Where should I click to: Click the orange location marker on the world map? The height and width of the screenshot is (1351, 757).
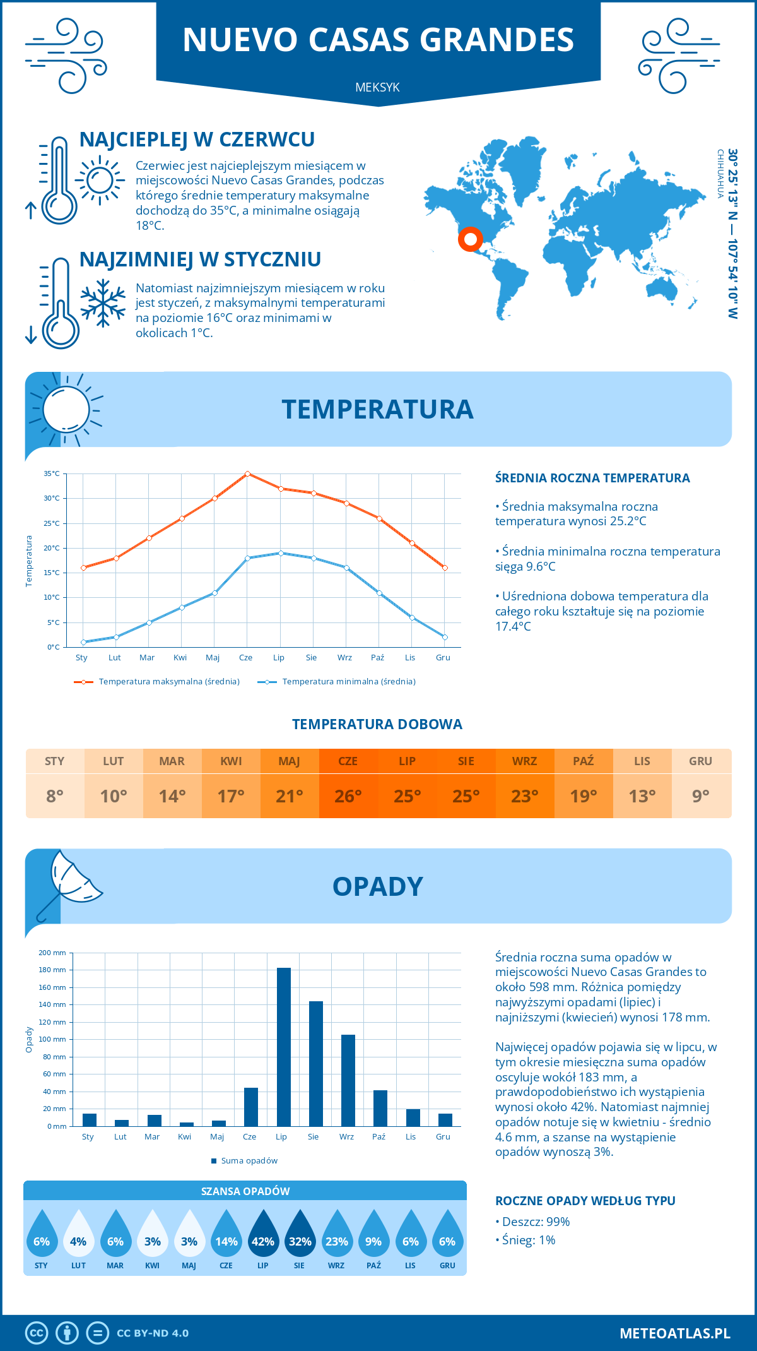click(x=470, y=239)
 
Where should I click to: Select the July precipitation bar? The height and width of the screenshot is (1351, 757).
click(x=284, y=1047)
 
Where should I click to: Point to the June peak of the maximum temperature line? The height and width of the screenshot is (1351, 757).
click(x=247, y=473)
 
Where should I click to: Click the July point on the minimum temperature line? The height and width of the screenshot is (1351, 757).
click(x=281, y=553)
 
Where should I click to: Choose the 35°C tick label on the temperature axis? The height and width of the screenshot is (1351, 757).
click(x=52, y=473)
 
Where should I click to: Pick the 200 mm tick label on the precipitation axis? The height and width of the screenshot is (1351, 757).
click(x=52, y=953)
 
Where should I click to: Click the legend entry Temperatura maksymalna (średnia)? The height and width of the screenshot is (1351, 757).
click(x=169, y=682)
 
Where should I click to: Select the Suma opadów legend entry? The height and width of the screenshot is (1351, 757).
click(x=249, y=1161)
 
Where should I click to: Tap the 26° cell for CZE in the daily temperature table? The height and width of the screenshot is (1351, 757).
click(x=348, y=796)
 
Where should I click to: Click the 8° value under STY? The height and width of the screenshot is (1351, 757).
click(x=55, y=796)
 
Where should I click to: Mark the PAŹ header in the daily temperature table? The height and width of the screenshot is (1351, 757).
click(x=584, y=761)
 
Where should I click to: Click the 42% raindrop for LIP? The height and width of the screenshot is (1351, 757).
click(x=263, y=1235)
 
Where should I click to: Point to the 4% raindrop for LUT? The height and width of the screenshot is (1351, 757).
click(x=78, y=1235)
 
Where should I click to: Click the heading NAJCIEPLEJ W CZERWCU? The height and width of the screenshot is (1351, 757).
click(x=197, y=140)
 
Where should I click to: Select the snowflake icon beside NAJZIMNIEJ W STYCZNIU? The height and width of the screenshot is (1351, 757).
click(x=103, y=303)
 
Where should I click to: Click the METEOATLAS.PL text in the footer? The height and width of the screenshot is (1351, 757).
click(x=675, y=1333)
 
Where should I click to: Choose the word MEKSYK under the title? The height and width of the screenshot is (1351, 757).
click(x=377, y=87)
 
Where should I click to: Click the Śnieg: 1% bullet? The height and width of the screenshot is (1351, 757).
click(x=529, y=1240)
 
